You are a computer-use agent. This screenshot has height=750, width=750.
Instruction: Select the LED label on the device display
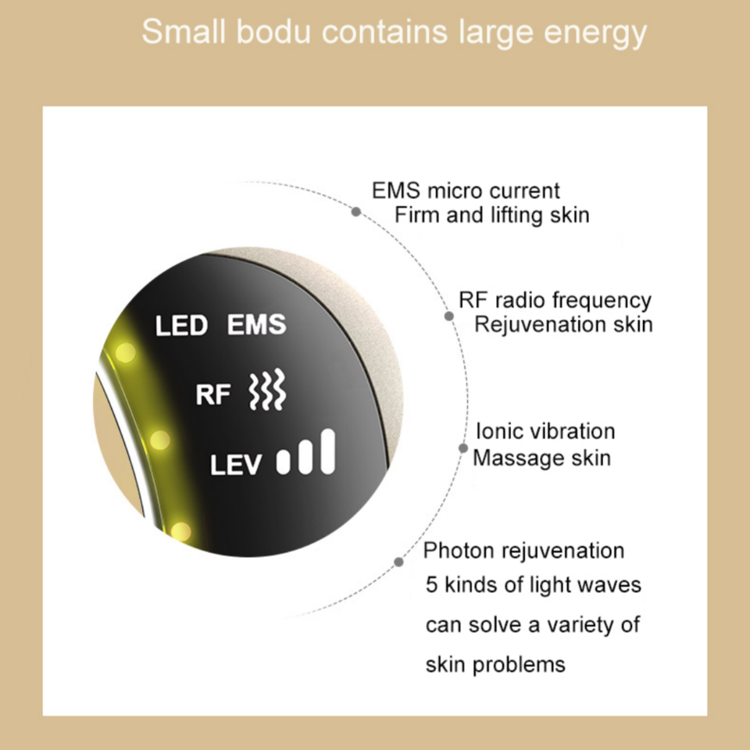[x=181, y=325]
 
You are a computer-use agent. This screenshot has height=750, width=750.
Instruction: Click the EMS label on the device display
[x=257, y=324]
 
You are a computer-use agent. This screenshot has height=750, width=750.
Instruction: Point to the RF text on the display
[x=213, y=395]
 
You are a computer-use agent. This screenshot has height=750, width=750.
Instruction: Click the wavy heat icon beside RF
[x=266, y=391]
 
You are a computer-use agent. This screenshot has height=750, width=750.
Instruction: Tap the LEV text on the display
[x=237, y=465]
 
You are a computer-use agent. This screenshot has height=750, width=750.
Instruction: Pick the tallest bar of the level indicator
[x=328, y=452]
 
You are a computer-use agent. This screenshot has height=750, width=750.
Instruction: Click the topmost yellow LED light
[x=124, y=354]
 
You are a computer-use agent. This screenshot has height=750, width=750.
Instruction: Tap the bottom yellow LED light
[x=180, y=532]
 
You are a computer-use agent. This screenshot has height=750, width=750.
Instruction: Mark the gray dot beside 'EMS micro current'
[x=356, y=211]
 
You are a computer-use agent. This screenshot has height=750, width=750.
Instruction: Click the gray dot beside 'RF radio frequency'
[x=449, y=316]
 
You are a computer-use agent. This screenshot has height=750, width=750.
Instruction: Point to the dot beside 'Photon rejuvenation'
[x=399, y=562]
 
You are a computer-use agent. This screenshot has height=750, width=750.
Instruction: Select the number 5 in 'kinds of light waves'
[x=432, y=584]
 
